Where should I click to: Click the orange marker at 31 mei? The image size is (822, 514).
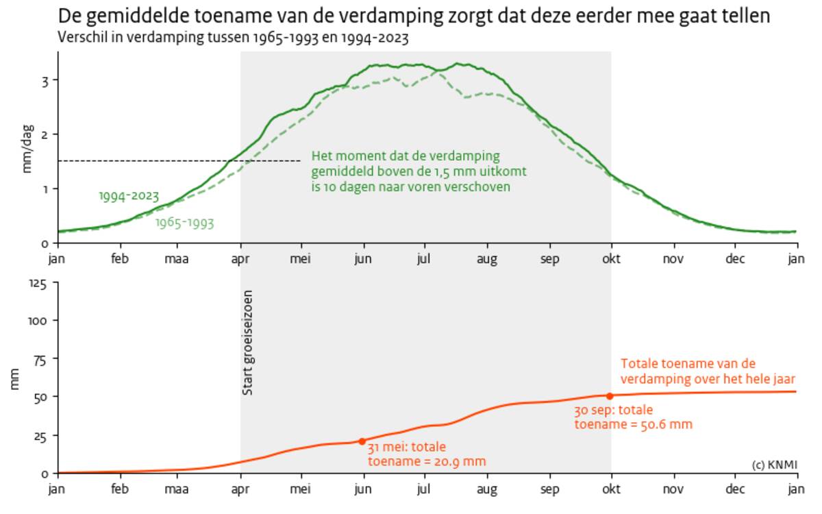[x=362, y=441]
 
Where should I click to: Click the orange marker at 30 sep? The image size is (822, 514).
[x=610, y=395]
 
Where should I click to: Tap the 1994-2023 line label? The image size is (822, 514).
[x=129, y=197]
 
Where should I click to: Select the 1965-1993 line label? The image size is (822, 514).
[x=184, y=223]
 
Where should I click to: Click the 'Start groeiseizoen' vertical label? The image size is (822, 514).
[x=249, y=343]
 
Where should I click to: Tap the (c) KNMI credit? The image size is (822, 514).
[x=774, y=464]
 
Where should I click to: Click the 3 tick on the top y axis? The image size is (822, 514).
[x=45, y=80]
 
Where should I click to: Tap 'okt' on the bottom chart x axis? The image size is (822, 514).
[x=611, y=489]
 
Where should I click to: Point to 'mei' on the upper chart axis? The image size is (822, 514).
[x=301, y=259]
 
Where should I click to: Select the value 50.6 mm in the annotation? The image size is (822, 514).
[x=668, y=424]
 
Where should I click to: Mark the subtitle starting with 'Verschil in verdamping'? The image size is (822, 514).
[x=233, y=38]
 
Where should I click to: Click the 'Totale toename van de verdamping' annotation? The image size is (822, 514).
[x=707, y=371]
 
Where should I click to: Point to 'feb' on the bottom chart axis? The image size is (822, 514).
[x=120, y=489]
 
